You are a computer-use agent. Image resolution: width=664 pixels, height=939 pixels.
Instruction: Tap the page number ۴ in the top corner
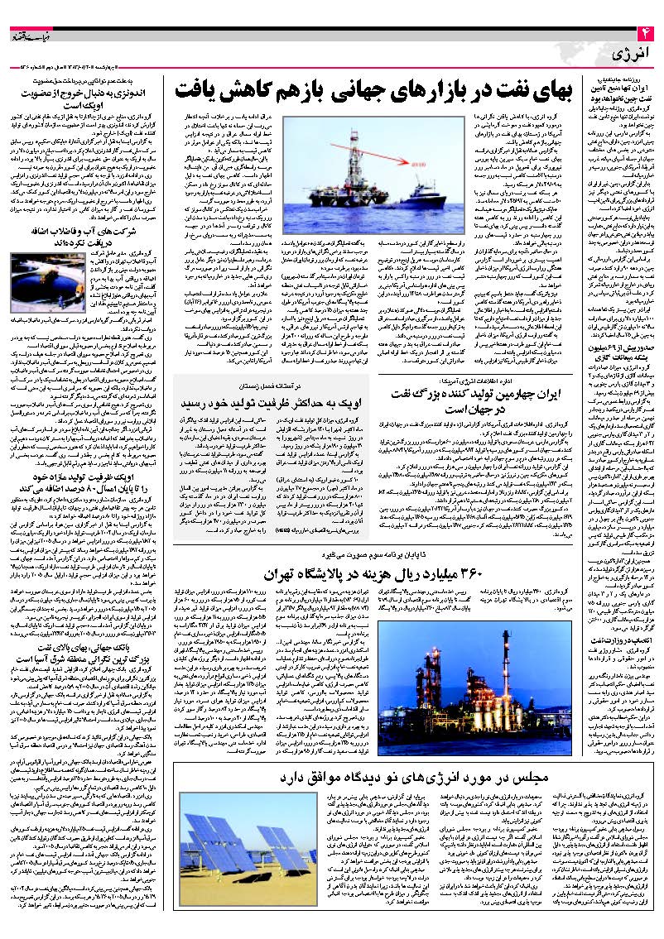[645, 31]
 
